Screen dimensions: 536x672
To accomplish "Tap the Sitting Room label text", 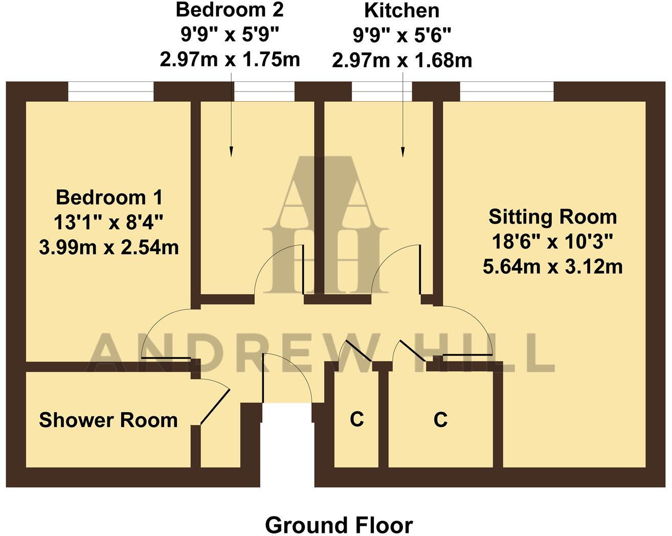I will [552, 217].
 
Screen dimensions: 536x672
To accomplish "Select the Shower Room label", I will [108, 420].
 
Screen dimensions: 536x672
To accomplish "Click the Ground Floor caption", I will [339, 525].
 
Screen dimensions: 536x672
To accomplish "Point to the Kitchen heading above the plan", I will [401, 10].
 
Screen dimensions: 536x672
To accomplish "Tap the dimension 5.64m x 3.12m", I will [552, 266].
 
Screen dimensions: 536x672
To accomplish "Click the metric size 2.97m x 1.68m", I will [401, 60].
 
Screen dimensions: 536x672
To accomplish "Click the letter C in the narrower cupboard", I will [356, 419].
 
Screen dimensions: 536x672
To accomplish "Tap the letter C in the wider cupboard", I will [440, 419].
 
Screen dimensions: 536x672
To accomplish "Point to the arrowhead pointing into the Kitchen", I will [402, 152].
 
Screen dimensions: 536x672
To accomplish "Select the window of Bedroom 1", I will [110, 92].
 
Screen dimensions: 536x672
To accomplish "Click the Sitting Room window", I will [506, 92].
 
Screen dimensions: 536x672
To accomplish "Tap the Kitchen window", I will [382, 92].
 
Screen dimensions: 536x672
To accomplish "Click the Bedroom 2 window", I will [264, 92].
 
